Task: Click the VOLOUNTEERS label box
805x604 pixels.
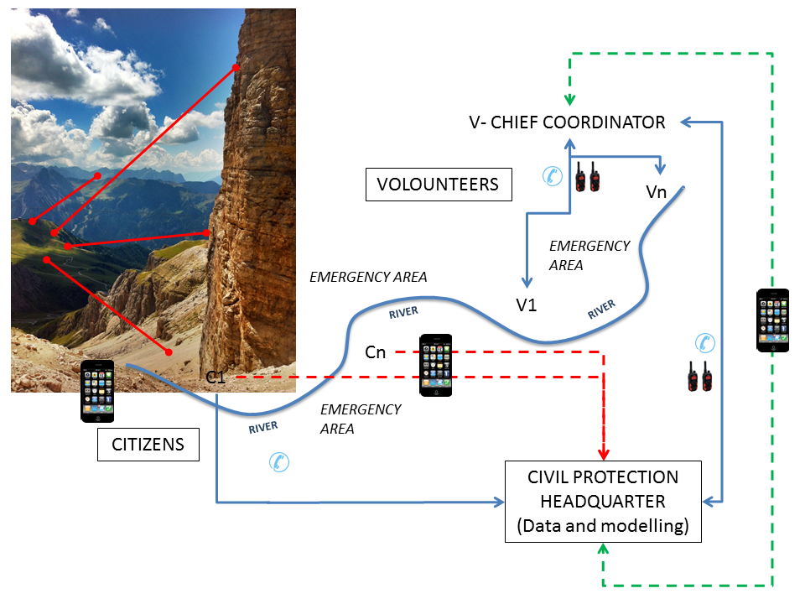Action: [438, 184]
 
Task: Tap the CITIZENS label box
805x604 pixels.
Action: [148, 444]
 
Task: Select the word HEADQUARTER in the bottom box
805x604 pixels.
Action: [602, 501]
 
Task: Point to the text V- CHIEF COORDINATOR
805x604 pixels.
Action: [567, 122]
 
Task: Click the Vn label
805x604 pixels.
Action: [657, 192]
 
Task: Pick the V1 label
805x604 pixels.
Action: [527, 305]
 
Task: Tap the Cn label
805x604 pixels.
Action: [376, 352]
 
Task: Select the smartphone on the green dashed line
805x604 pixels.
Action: [772, 320]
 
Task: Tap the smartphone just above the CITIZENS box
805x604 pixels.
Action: [97, 391]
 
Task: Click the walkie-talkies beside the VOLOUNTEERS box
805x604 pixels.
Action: [586, 176]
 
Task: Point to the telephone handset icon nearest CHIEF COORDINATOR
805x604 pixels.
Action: [552, 175]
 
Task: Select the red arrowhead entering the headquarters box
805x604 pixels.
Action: [603, 450]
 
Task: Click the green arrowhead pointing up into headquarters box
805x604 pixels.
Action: [602, 548]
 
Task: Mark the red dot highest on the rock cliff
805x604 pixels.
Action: [236, 67]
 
